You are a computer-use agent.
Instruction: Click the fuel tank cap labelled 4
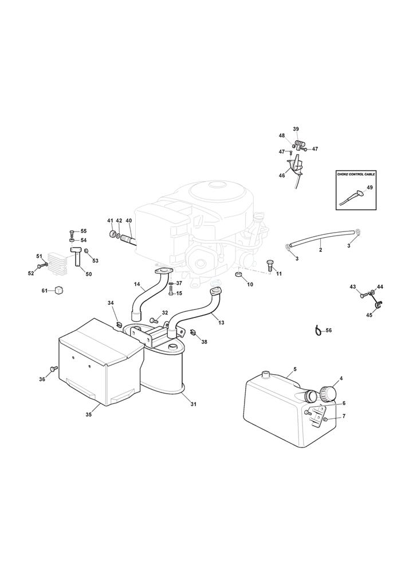point(327,393)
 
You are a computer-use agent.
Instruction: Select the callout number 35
point(88,414)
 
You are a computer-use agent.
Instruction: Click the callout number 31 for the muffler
point(194,404)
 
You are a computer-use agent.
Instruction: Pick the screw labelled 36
point(54,369)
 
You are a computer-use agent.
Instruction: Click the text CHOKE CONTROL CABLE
point(356,174)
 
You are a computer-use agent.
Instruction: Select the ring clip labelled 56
point(318,330)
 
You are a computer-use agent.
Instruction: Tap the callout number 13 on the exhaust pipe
point(221,322)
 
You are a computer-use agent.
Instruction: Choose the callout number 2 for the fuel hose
point(320,250)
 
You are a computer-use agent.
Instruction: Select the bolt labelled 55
point(72,233)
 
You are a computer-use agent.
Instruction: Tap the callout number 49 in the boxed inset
point(369,187)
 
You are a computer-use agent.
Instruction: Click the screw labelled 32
point(154,320)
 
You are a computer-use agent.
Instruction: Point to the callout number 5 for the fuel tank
point(295,368)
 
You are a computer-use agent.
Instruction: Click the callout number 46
point(282,175)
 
